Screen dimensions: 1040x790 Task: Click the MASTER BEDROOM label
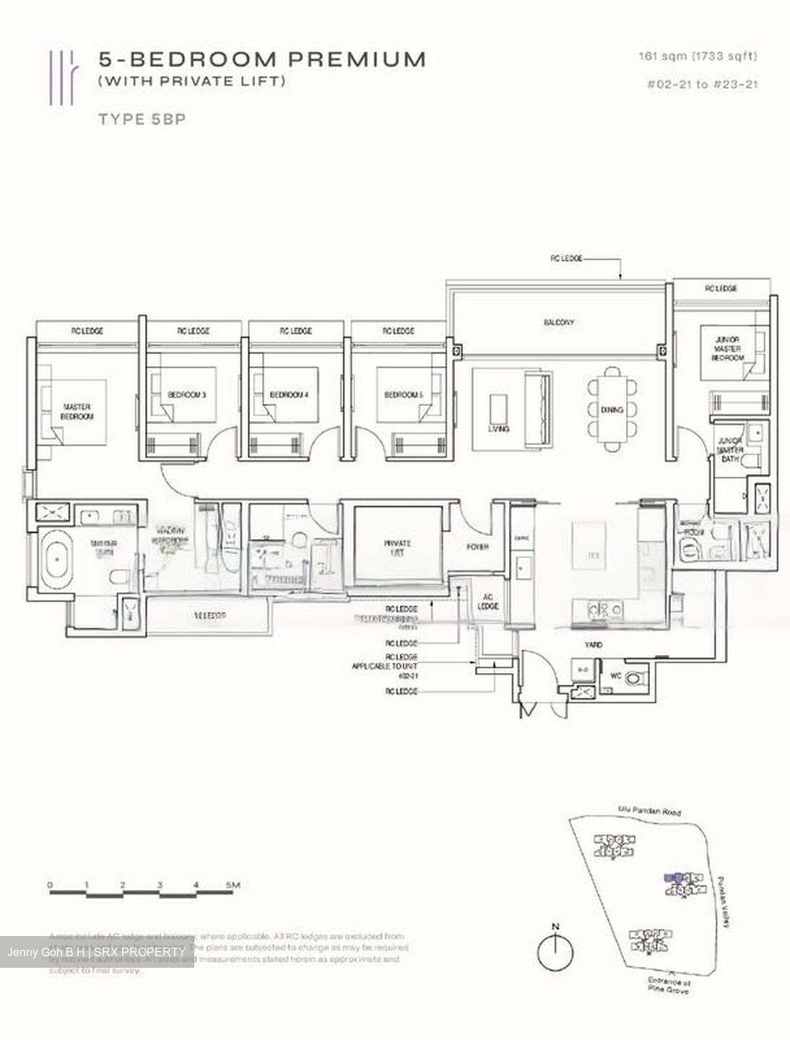click(77, 412)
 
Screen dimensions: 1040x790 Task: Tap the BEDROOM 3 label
click(187, 395)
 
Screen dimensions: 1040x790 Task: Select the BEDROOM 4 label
click(289, 395)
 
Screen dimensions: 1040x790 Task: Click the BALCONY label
click(559, 322)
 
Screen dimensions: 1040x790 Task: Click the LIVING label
click(498, 428)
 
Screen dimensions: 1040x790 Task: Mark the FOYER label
click(477, 547)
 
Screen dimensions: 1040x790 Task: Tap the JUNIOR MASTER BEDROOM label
click(727, 348)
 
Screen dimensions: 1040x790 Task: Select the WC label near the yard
click(615, 677)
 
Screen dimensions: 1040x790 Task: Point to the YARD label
click(594, 644)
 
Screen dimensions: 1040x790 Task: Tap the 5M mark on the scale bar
click(232, 885)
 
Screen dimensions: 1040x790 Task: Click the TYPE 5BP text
click(142, 119)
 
